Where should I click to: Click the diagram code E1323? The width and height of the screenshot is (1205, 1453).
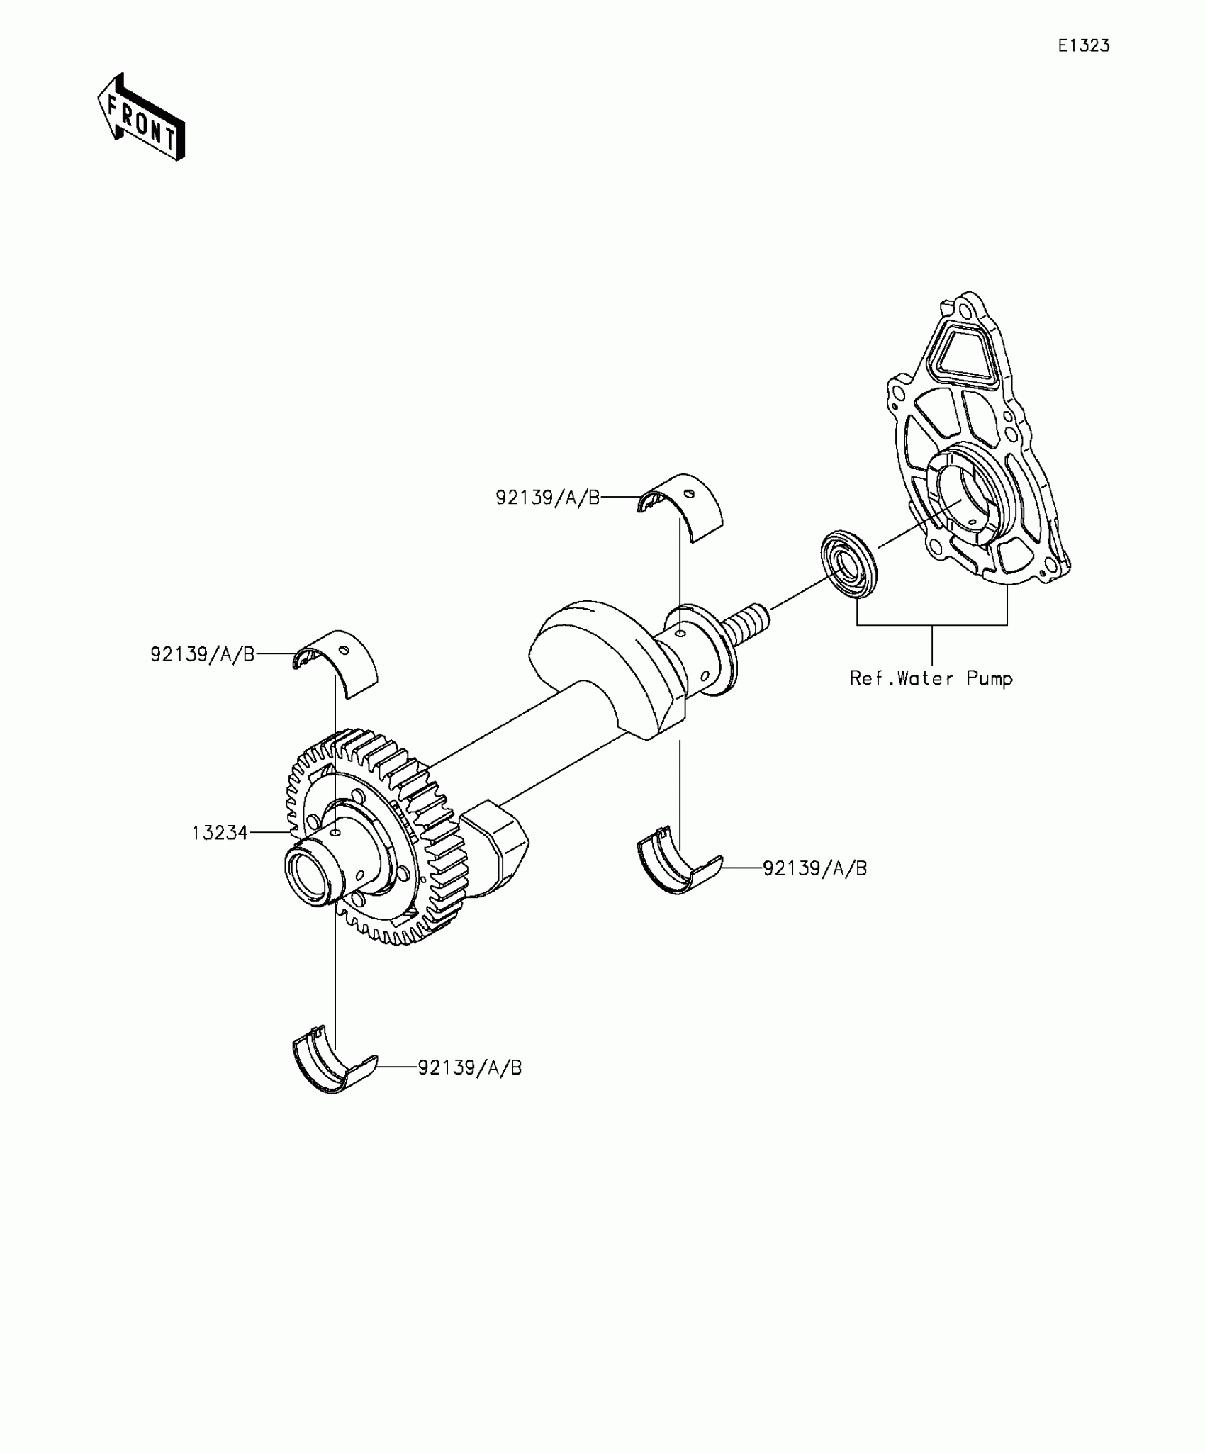point(1083,46)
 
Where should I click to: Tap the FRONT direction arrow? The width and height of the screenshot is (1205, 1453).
point(142,117)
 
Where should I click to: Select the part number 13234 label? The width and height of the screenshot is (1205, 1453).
point(220,833)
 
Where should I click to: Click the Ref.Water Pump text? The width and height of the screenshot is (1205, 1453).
point(931,679)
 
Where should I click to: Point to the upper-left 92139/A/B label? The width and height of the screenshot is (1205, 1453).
point(202,654)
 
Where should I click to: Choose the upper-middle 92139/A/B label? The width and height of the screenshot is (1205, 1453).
point(547,498)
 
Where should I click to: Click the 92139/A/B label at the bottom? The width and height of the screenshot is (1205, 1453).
point(469,1087)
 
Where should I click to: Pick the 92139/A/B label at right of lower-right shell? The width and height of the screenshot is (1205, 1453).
point(814,868)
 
